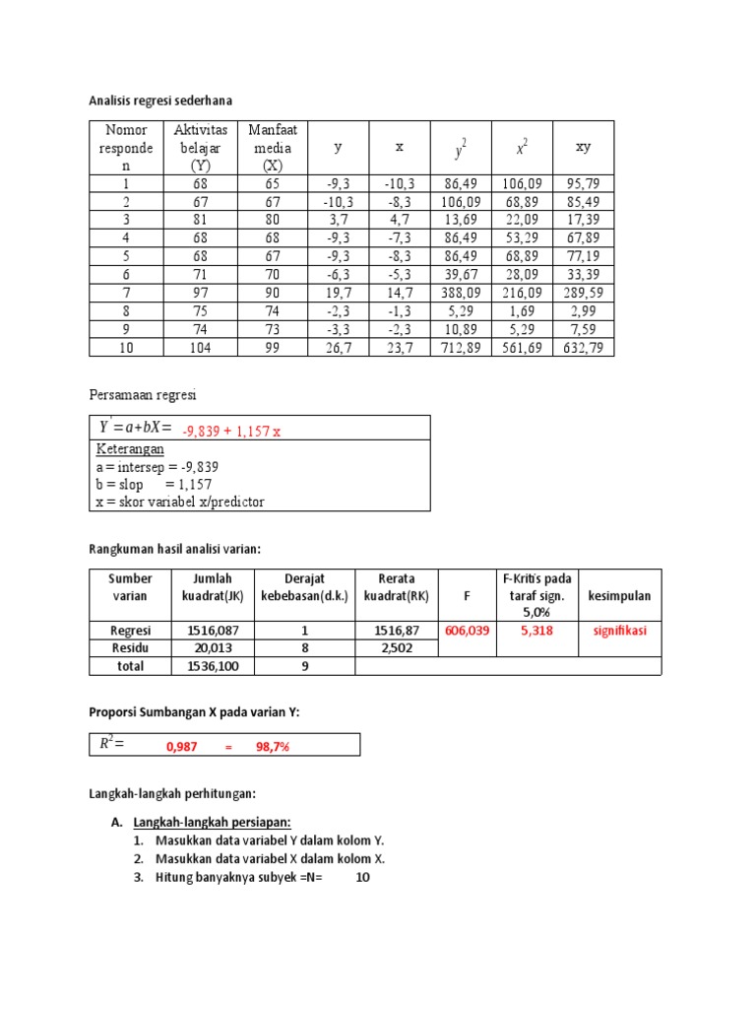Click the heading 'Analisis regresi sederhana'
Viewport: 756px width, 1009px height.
(160, 101)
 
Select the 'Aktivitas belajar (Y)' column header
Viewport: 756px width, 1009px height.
(201, 147)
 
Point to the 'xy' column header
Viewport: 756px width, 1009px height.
(583, 147)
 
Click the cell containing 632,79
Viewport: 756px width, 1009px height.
(583, 347)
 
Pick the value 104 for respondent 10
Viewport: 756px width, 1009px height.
(201, 347)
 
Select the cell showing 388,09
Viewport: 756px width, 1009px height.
(460, 293)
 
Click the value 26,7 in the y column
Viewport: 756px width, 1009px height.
(338, 347)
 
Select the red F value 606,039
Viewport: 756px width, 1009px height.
(468, 631)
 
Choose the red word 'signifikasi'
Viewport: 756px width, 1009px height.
(620, 631)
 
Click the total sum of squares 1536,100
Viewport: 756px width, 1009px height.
(206, 666)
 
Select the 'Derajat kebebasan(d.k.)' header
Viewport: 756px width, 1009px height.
(304, 587)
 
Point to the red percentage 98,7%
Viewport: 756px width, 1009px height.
(273, 747)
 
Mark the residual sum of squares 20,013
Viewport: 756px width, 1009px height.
(206, 647)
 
